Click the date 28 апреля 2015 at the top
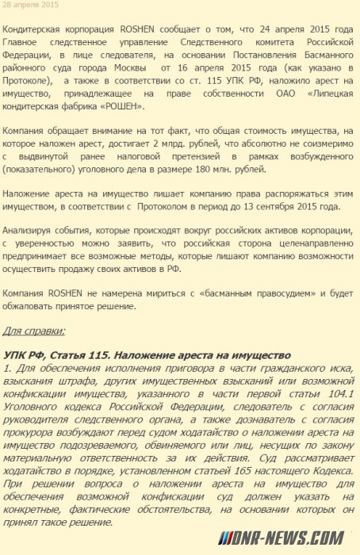tap(31, 5)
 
